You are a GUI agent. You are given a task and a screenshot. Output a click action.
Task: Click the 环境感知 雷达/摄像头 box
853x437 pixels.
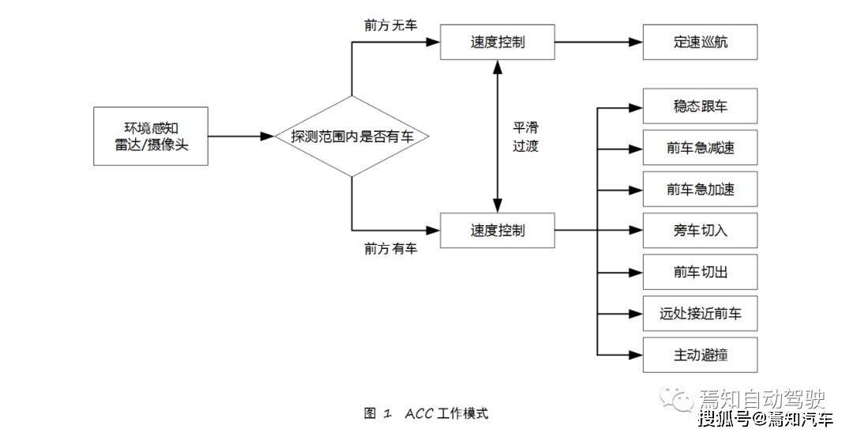coord(151,136)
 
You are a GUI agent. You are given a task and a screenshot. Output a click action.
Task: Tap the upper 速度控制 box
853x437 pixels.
coord(497,41)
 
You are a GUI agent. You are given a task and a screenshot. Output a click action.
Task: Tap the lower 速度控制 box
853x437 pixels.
coord(497,231)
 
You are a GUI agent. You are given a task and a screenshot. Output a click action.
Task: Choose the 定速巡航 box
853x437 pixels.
coord(700,42)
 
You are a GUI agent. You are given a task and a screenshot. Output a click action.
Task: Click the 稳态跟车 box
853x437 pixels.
coord(700,106)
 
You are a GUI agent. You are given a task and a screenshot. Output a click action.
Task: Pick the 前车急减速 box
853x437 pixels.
coord(700,148)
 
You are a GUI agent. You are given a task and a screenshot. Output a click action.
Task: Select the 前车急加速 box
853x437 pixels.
coord(700,190)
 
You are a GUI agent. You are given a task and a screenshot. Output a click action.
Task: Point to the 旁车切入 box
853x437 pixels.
coord(700,231)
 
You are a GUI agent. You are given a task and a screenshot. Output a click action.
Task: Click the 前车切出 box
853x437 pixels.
coord(700,273)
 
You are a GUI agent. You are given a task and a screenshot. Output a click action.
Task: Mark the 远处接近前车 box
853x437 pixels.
coord(700,314)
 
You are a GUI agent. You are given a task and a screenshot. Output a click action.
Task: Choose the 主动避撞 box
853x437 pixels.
coord(700,356)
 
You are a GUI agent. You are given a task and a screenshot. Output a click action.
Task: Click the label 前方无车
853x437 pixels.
coord(390,24)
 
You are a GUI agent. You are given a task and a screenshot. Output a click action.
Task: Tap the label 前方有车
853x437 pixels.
coord(390,249)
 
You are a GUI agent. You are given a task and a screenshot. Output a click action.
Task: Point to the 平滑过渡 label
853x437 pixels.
coord(525,136)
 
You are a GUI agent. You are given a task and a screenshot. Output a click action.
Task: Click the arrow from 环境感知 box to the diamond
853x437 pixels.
coord(240,137)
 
